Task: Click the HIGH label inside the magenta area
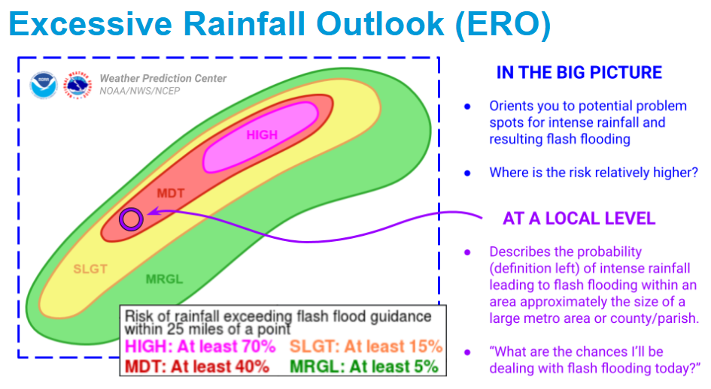click(262, 135)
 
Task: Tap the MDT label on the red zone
click(170, 193)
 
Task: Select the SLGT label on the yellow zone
click(90, 268)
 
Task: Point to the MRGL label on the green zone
click(164, 279)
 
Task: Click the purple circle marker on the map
click(131, 219)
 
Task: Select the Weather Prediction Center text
click(163, 79)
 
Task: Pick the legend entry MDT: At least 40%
click(196, 366)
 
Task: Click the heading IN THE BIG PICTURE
click(579, 73)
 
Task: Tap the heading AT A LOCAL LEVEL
click(579, 219)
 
